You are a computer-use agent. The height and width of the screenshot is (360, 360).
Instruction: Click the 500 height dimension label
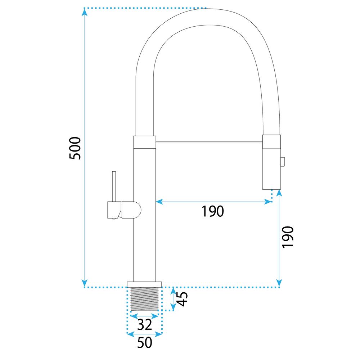tap(76, 148)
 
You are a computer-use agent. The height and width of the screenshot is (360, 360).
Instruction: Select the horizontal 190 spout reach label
tap(212, 211)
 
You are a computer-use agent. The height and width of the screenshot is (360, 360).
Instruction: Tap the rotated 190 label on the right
tap(288, 237)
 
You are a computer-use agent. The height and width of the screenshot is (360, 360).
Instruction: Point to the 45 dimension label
tap(183, 299)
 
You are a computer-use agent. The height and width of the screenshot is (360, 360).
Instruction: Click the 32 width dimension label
tap(144, 325)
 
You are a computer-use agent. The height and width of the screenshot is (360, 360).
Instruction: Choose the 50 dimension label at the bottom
tap(144, 343)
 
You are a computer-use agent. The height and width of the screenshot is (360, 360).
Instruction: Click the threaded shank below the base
tap(144, 299)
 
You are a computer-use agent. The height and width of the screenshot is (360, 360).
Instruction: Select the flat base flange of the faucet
tap(144, 284)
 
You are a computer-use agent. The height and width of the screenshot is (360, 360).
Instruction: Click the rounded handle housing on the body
tap(130, 210)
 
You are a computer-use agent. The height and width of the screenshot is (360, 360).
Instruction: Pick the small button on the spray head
tap(283, 162)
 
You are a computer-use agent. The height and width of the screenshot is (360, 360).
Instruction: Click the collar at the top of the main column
tap(145, 142)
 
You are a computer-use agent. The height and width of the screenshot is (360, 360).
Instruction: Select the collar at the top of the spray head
tap(271, 141)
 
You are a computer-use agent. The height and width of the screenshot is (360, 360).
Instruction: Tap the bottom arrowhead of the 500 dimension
tap(84, 283)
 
